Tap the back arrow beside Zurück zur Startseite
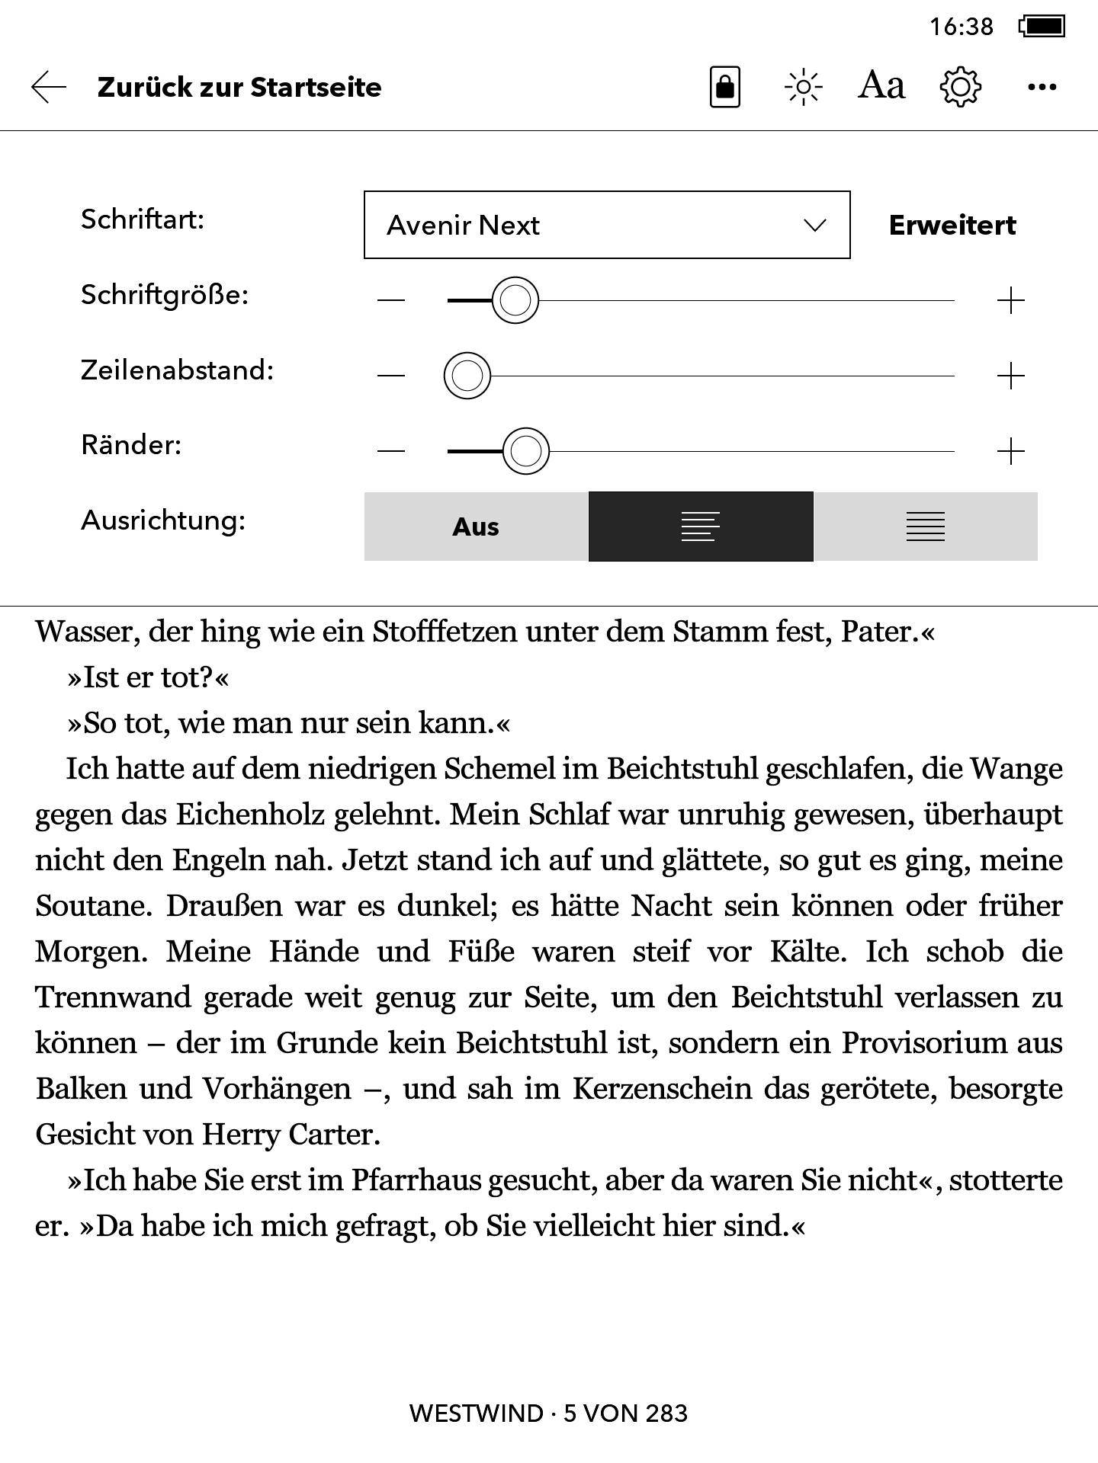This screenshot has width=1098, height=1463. coord(49,88)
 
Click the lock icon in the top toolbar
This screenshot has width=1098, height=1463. coord(724,88)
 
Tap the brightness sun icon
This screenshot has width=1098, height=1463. coord(803,88)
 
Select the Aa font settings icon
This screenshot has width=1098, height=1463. coord(881,86)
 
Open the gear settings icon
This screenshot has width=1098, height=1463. coord(960,88)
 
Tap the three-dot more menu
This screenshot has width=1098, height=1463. coord(1042,88)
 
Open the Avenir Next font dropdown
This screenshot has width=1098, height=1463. coord(607,225)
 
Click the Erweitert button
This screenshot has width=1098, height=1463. coord(952,226)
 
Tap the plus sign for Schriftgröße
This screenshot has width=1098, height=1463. coord(1010,301)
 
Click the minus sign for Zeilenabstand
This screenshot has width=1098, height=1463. coord(391,376)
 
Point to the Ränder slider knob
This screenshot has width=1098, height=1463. coord(526,451)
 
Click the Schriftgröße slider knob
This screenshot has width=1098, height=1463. coord(515,300)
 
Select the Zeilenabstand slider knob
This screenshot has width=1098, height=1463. coord(467,376)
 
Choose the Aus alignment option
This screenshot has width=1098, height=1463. coord(476,527)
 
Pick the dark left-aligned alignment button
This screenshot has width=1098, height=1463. coord(701,527)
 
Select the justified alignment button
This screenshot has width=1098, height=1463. coord(925,527)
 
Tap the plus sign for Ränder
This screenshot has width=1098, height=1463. coord(1010,451)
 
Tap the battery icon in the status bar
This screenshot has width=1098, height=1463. coord(1042,27)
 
